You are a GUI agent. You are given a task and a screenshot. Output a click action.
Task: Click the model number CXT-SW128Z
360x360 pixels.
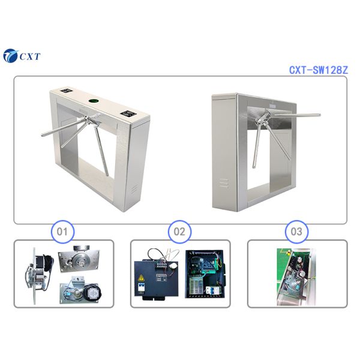click(x=318, y=70)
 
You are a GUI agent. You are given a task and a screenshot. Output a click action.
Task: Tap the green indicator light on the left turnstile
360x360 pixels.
click(x=94, y=101)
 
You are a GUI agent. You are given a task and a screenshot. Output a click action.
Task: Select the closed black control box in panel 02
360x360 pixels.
click(x=157, y=276)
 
